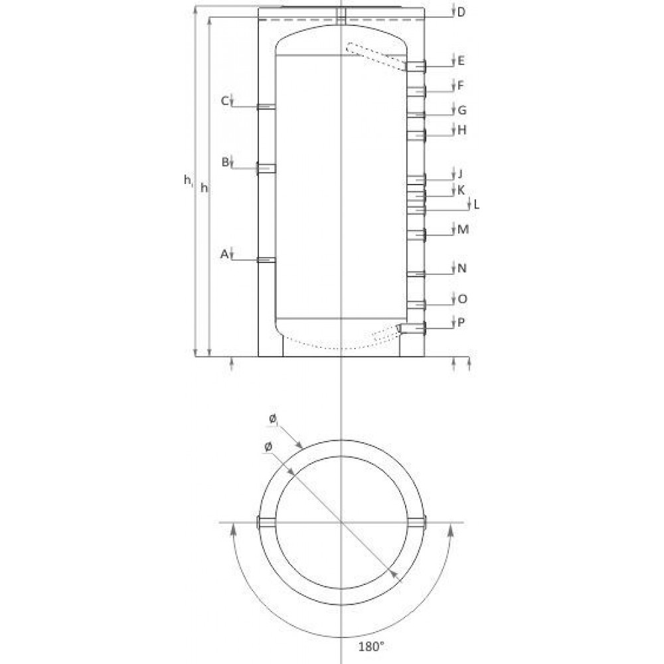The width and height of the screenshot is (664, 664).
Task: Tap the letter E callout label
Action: pos(461,61)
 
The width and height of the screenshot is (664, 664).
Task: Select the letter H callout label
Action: pos(462,131)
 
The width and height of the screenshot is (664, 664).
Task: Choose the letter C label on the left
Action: pos(225,101)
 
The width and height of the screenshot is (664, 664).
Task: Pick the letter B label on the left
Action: pos(225,161)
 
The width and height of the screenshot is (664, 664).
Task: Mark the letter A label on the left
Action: pos(224,253)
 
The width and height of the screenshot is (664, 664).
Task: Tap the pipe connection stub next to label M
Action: pos(416,234)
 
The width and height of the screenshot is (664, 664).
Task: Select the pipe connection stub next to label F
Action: pos(416,90)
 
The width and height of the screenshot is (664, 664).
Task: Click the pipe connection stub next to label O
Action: pos(416,304)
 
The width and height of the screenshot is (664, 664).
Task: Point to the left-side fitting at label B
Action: pos(266,169)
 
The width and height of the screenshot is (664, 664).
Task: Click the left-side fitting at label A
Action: pos(266,260)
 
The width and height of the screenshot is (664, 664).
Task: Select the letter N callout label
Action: pos(462,269)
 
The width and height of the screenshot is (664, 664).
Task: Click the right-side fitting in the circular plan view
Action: pos(418,523)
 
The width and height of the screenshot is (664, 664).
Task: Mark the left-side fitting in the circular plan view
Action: pos(264,523)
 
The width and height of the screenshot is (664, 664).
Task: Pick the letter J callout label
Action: pos(459,175)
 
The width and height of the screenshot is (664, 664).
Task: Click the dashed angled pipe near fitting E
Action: pos(375,56)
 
